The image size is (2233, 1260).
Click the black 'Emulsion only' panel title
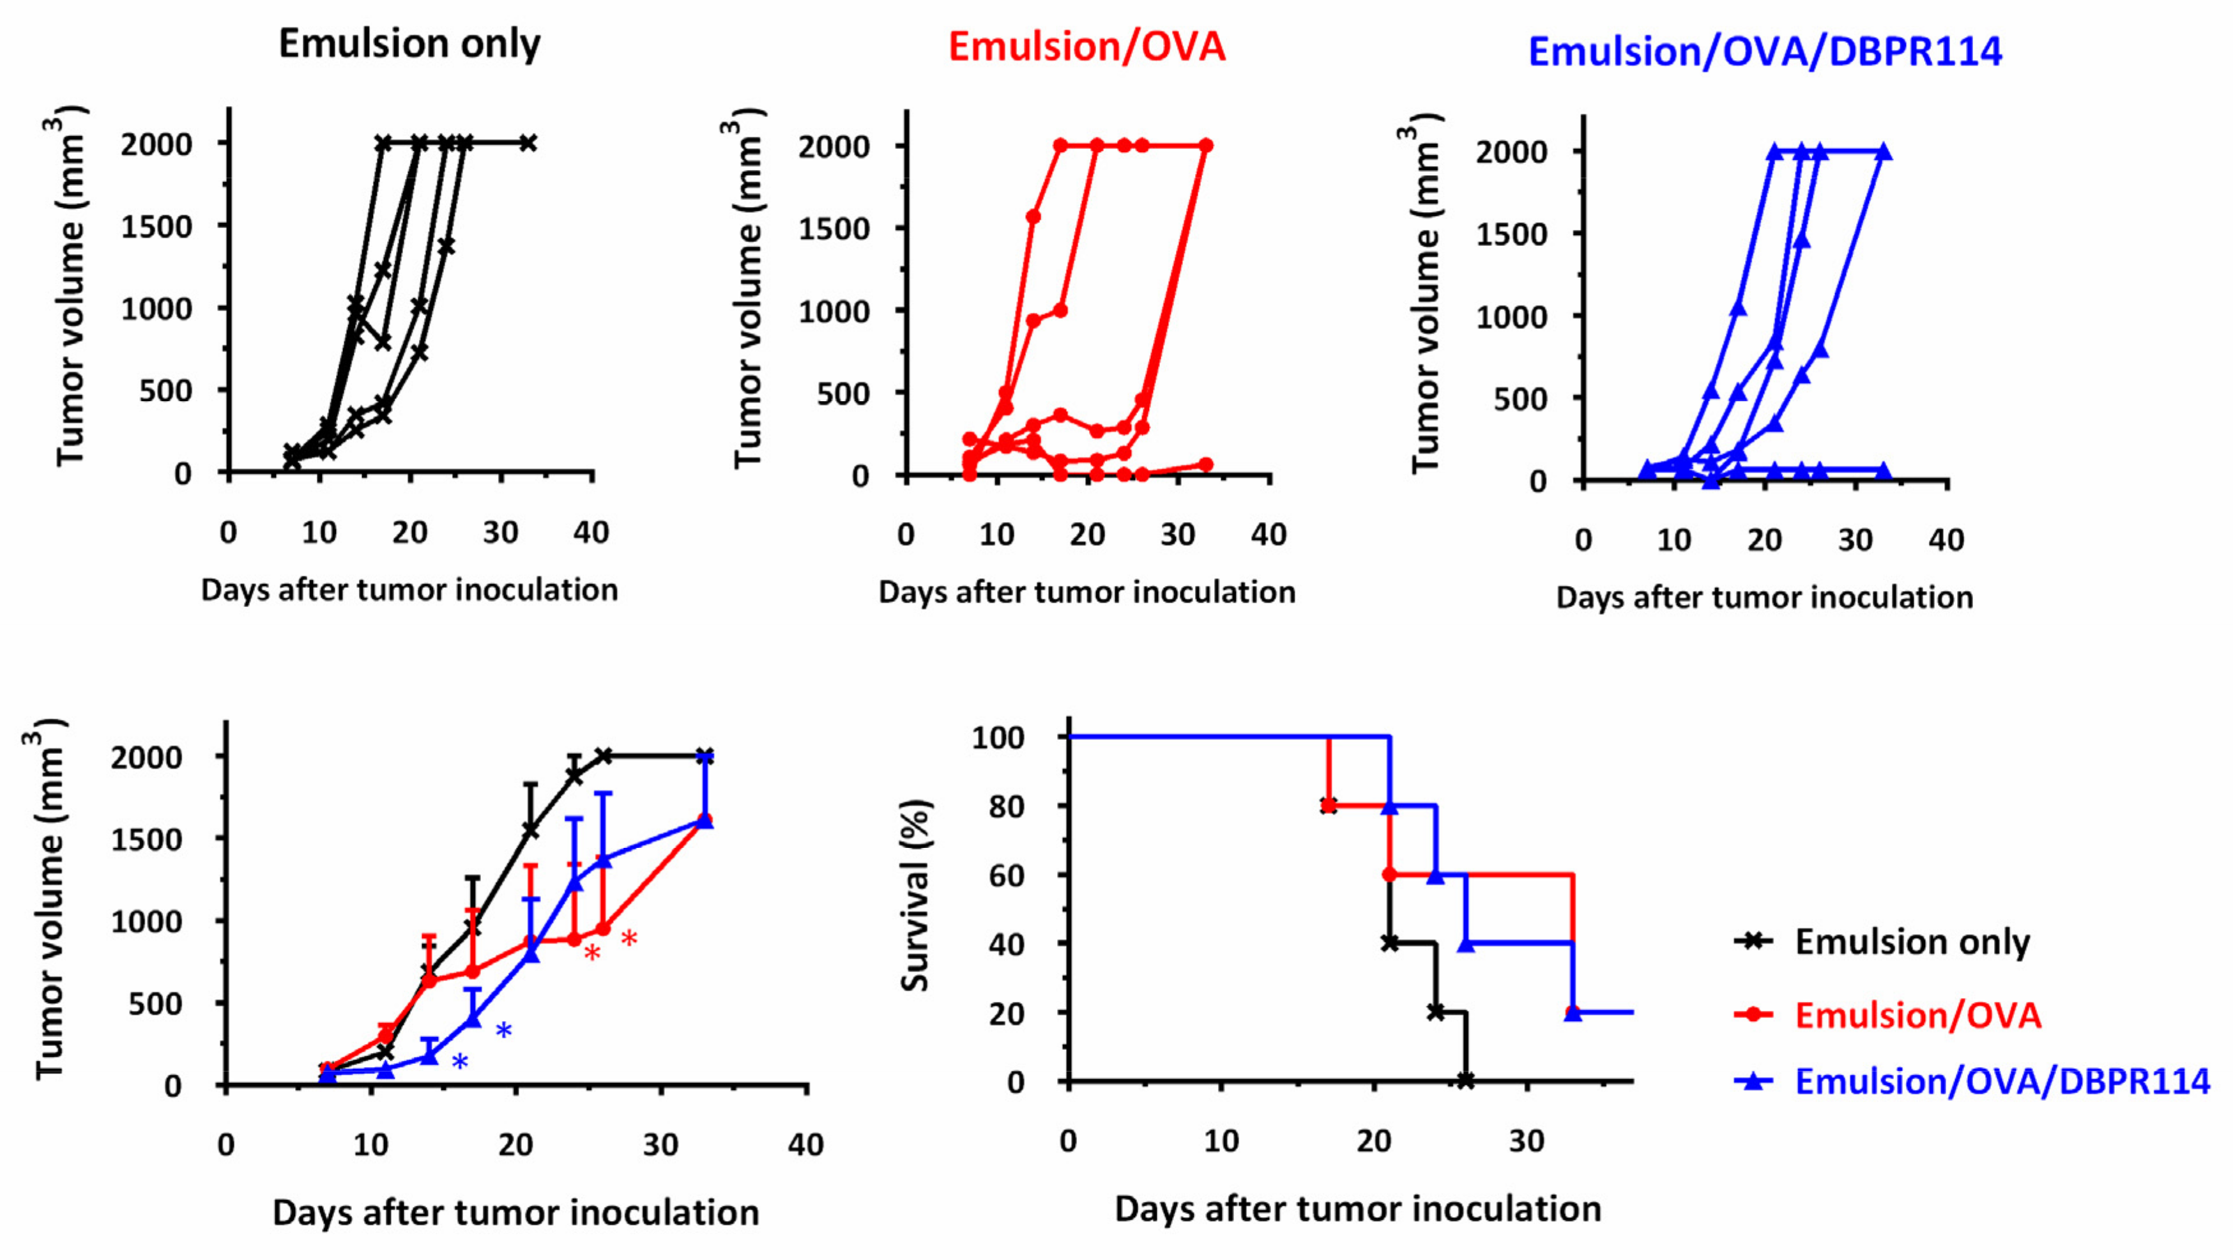(409, 43)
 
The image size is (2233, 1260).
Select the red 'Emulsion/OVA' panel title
(1087, 47)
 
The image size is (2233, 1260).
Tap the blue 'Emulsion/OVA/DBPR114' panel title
(1765, 52)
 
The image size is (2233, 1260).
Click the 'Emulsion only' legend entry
(1911, 942)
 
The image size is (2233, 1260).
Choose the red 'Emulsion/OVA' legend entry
(1917, 1015)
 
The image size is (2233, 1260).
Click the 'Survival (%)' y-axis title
(915, 895)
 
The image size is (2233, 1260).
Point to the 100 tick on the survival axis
(998, 738)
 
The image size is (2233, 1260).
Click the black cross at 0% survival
(1465, 1080)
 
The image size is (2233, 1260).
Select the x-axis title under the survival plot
(1357, 1209)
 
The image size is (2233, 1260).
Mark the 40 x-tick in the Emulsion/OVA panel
(1269, 535)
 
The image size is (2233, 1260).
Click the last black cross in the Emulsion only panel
(528, 143)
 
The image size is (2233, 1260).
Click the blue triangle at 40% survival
(1466, 944)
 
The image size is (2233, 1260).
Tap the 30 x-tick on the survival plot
(1527, 1141)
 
